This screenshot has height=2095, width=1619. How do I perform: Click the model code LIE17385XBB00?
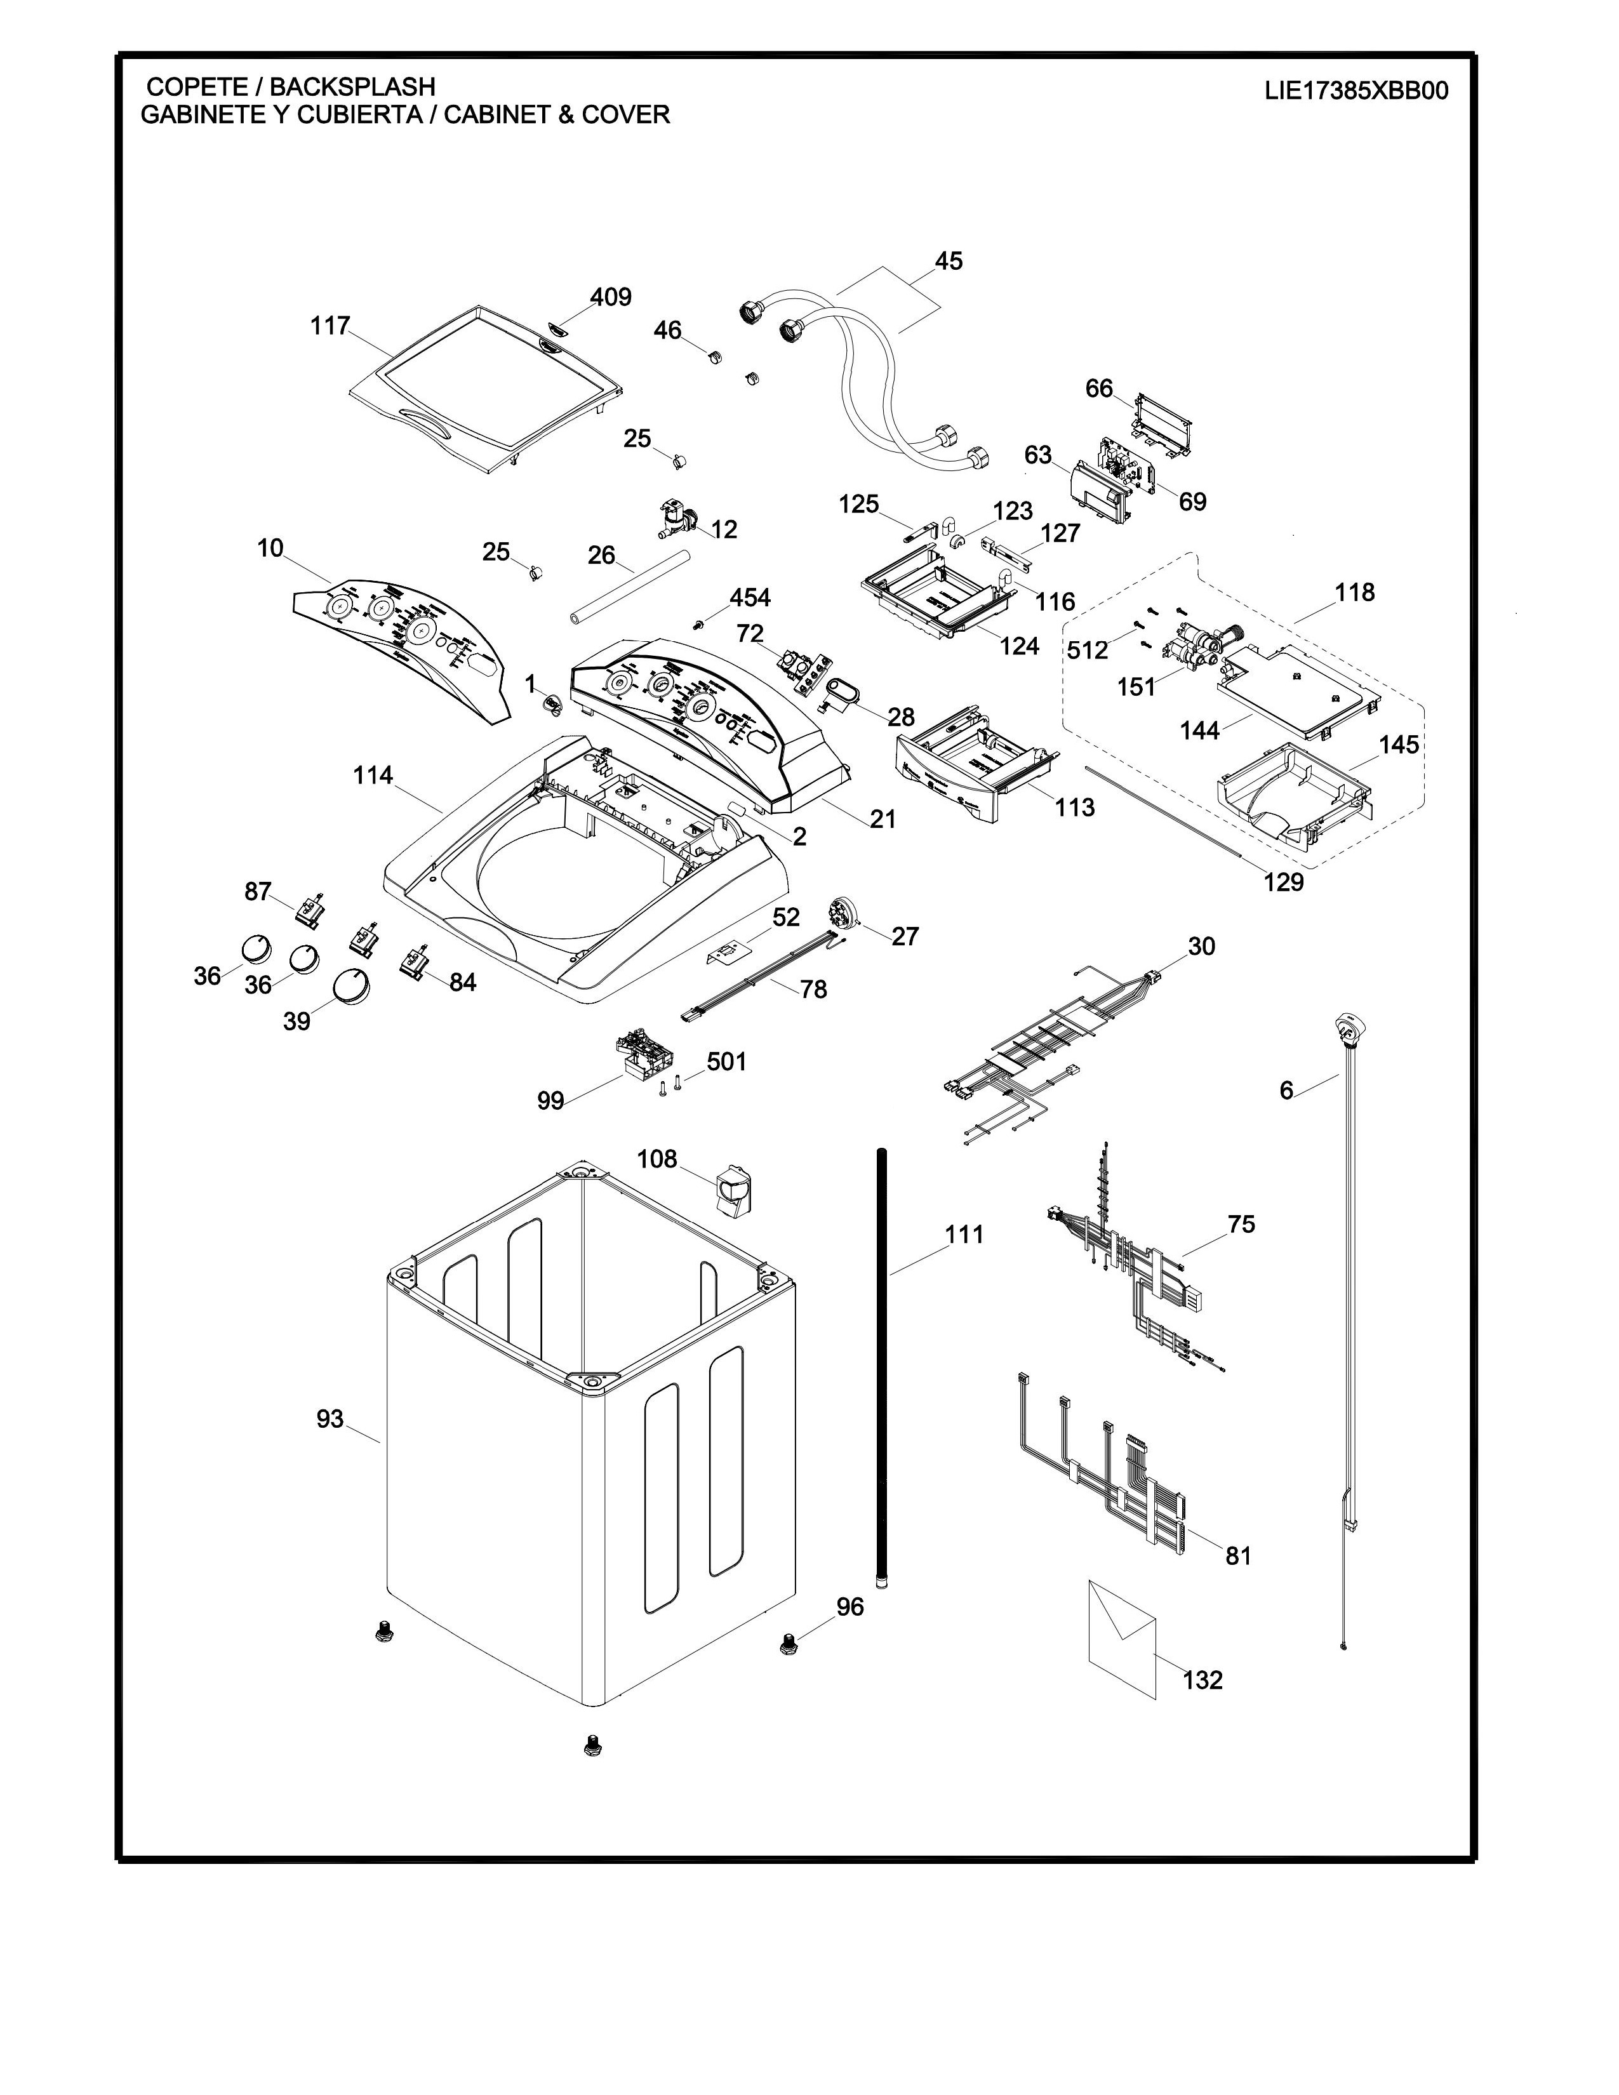point(1356,91)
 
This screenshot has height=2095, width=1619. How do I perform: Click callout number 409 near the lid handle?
point(611,297)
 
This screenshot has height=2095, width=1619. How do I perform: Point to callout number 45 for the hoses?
point(948,261)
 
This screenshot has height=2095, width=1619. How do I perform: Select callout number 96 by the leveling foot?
point(849,1607)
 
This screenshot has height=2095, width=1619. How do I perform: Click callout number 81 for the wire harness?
point(1238,1555)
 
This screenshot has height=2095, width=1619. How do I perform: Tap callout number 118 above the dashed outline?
point(1354,593)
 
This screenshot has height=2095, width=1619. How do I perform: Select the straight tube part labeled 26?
point(628,588)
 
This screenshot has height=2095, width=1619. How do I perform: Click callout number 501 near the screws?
point(726,1062)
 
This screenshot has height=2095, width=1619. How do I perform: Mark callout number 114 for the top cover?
point(373,775)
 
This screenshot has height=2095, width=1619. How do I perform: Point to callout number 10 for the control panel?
point(270,548)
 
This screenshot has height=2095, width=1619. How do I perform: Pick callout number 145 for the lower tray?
point(1399,745)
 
